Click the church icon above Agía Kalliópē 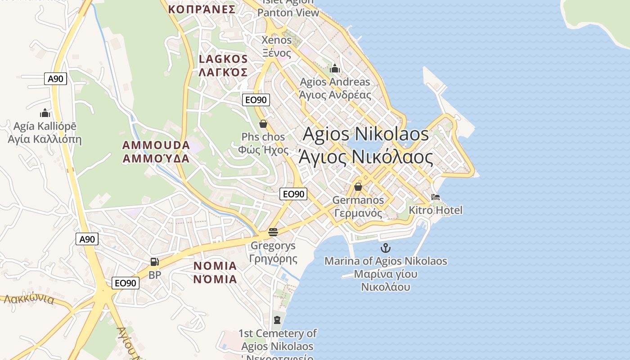coord(45,112)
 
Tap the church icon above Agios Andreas coord(334,68)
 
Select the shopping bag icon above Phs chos coord(263,123)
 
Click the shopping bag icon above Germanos coord(358,186)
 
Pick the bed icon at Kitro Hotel coord(435,197)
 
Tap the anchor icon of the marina coord(386,248)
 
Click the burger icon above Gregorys coord(273,232)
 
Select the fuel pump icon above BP coord(154,261)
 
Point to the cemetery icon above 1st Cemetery coord(277,320)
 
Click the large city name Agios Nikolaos coord(366,134)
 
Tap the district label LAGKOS coord(223,59)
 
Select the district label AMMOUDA coord(156,145)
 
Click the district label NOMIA coord(215,266)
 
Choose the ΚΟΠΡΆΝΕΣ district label coord(202,9)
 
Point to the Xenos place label coord(277,40)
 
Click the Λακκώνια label coord(30,299)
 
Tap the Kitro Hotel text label coord(435,210)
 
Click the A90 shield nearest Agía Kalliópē coord(56,79)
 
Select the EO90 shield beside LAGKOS coord(256,100)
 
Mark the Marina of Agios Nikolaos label coord(386,261)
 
